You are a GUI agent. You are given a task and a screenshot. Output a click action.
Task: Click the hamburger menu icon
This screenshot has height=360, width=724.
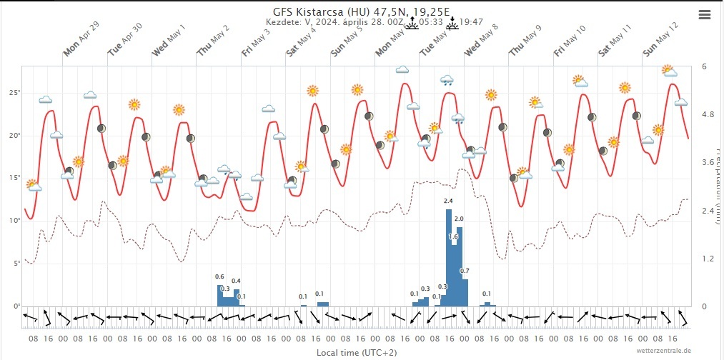pos(705,14)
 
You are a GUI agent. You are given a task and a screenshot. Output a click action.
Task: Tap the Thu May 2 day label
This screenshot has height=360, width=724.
pos(214,41)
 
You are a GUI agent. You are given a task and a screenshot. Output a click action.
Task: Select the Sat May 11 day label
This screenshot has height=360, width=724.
pos(615,41)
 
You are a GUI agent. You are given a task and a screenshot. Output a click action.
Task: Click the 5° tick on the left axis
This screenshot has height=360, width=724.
pos(15,264)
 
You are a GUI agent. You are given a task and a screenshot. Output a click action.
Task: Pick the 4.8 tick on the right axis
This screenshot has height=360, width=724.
pos(708,114)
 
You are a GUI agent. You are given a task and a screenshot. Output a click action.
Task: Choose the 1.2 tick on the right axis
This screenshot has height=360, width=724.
pos(708,259)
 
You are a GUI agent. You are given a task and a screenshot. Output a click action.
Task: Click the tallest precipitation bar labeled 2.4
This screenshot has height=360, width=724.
pos(448,257)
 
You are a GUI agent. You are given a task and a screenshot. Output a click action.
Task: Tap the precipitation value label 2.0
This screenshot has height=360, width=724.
pos(459,219)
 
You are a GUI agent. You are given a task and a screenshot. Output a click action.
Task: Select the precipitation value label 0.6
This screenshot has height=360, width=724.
pos(219,277)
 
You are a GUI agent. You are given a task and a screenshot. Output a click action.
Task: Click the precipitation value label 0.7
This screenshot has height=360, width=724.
pos(465,271)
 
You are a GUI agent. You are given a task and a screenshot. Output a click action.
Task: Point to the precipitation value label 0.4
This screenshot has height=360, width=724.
pos(236,281)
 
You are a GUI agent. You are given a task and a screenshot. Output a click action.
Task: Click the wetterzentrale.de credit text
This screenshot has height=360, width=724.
pos(666,351)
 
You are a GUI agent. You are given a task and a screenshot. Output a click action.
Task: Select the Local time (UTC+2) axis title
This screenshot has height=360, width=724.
pos(357,352)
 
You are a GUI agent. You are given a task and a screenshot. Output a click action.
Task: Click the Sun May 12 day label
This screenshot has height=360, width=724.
pos(659,41)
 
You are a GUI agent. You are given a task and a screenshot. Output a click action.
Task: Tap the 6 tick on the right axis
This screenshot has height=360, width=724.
pos(705,66)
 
